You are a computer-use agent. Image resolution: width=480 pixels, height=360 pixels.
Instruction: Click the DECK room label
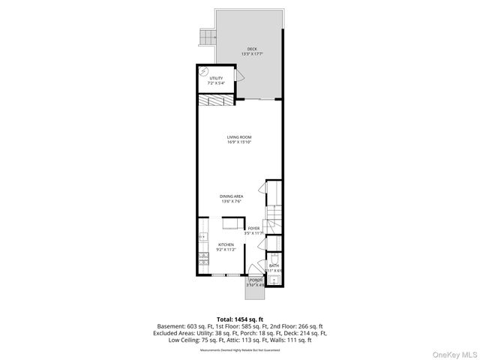252,49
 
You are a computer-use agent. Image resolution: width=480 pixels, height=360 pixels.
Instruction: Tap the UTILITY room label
216,78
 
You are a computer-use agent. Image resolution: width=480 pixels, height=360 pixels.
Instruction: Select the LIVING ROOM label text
240,136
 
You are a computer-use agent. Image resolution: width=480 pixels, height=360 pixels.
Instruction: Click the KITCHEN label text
226,244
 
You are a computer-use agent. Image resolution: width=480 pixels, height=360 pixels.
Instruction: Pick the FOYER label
253,228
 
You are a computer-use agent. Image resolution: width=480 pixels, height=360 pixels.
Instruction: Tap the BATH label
274,265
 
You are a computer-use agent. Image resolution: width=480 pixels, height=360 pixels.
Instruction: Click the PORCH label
256,280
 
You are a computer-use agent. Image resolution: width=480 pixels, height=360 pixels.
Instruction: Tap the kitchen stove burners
202,259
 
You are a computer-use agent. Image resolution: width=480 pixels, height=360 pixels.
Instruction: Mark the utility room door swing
239,76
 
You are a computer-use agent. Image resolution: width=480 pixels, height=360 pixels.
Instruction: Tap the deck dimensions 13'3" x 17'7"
252,54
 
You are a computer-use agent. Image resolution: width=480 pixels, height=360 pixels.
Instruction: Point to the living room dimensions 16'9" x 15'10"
240,142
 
